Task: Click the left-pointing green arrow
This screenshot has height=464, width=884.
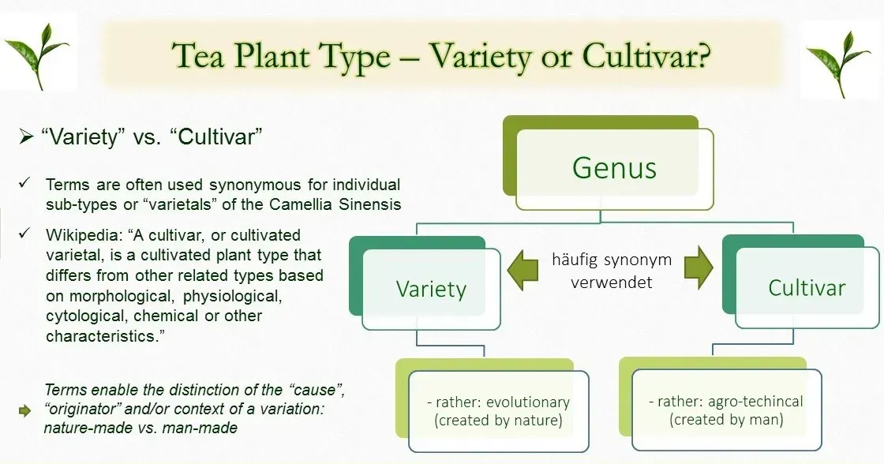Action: click(523, 270)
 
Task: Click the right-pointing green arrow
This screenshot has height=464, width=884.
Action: click(699, 268)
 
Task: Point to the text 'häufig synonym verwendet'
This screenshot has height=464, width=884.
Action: click(612, 271)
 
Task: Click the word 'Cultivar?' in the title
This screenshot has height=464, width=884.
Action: click(646, 56)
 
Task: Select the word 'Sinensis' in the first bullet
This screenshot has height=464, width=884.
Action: click(370, 204)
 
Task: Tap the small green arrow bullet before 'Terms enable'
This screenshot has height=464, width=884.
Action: click(24, 410)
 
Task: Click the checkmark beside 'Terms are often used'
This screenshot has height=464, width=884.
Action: click(24, 182)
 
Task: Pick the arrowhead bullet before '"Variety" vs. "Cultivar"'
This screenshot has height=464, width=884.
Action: click(26, 137)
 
